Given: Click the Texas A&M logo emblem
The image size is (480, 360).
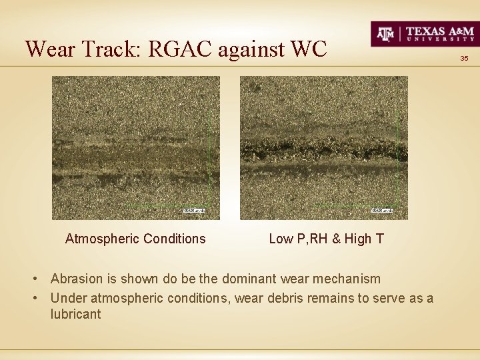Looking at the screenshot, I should tap(387, 33).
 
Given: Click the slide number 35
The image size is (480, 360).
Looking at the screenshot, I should tap(465, 59).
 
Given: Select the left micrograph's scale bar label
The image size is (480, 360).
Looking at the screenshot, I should tap(195, 211).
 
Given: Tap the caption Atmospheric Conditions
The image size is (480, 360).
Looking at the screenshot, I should tap(135, 239).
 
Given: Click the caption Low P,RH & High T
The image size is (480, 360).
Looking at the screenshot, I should tap(326, 239).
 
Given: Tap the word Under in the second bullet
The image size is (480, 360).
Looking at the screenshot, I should tap(67, 298).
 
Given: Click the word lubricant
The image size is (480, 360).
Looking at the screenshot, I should tap(75, 314).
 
